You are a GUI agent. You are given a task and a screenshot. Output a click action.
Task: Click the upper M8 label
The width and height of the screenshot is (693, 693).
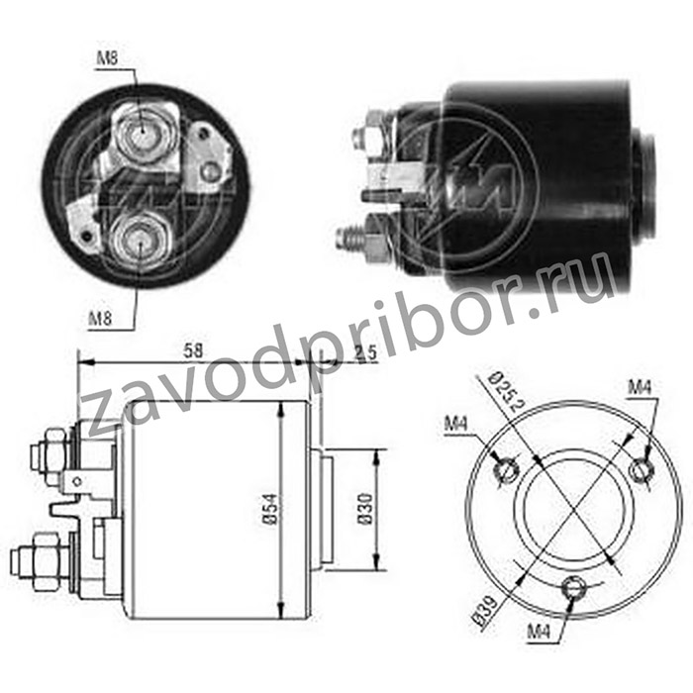pyautogui.click(x=107, y=57)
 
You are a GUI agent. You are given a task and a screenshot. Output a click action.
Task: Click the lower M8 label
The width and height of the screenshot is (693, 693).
pyautogui.click(x=100, y=318)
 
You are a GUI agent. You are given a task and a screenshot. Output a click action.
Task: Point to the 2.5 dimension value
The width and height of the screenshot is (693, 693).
pyautogui.click(x=365, y=352)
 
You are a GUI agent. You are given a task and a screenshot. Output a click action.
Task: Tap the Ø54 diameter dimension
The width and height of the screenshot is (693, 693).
pyautogui.click(x=270, y=509)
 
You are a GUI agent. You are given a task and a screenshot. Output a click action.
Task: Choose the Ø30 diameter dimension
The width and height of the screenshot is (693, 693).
pyautogui.click(x=365, y=509)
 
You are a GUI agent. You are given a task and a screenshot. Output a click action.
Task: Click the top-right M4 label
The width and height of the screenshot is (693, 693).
pyautogui.click(x=640, y=388)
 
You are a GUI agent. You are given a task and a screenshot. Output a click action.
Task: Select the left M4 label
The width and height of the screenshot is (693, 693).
pyautogui.click(x=455, y=425)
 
